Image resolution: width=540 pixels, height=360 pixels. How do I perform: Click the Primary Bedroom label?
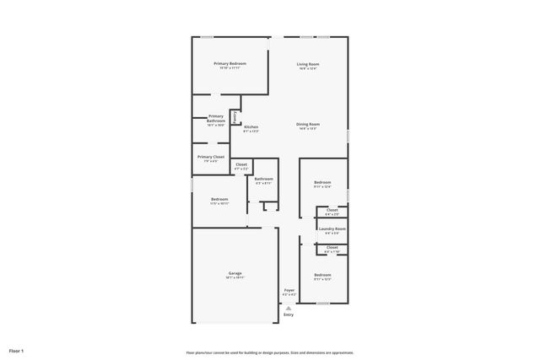[x=229, y=64]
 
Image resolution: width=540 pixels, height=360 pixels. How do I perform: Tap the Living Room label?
[x=307, y=64]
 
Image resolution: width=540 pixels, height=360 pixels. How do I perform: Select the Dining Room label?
[x=307, y=124]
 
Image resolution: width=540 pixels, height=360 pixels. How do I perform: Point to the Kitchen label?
[x=251, y=126]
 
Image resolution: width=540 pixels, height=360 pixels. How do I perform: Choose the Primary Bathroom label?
[x=216, y=118]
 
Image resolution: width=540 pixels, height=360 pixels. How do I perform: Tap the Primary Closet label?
[x=211, y=157]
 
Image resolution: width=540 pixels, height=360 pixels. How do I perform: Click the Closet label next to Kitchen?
[x=241, y=164]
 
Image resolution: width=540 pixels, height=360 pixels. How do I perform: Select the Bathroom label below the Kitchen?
[x=264, y=179]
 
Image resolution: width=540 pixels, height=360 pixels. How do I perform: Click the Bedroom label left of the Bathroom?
[x=219, y=199]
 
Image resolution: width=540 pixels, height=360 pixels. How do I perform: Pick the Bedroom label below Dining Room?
[x=322, y=183]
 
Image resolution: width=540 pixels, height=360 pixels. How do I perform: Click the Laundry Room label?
[x=332, y=228]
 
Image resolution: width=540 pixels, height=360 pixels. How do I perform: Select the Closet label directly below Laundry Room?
[x=332, y=247]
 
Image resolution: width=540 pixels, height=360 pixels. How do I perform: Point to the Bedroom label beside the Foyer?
[x=322, y=275]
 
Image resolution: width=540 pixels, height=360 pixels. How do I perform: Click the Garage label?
[x=235, y=273]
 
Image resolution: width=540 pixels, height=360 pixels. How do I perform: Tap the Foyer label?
[x=289, y=290]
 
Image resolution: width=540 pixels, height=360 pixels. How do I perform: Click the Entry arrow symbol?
[x=289, y=309]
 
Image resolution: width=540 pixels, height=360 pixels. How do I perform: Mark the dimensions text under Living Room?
[x=307, y=69]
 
